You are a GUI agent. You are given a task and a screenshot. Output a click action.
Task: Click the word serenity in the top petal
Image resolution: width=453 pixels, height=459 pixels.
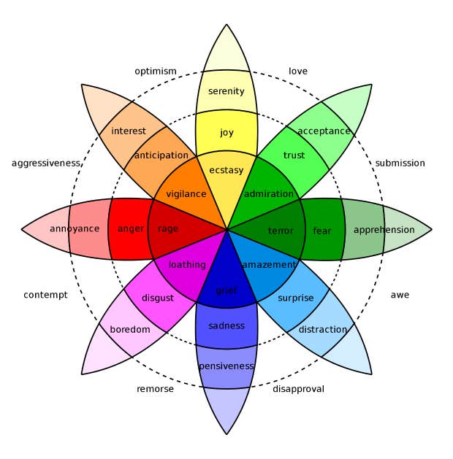point(226,91)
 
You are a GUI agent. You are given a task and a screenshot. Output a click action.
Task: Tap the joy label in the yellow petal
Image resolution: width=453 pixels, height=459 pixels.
point(226,133)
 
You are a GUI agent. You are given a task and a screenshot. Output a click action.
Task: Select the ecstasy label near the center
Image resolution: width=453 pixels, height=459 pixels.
point(226,170)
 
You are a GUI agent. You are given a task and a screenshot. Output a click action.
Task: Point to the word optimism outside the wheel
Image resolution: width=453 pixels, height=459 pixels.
point(156,71)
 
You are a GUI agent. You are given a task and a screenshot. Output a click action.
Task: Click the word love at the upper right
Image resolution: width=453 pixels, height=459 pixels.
point(298,71)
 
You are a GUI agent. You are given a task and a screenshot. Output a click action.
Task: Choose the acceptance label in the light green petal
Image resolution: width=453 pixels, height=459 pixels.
point(324,131)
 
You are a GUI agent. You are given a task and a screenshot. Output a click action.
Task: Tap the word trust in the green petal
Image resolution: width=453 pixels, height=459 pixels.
point(294,155)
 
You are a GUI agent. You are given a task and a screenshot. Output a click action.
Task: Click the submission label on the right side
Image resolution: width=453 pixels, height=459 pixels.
point(400,163)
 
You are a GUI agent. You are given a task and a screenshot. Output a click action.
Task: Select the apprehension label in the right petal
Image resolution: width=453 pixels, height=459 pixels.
point(384,230)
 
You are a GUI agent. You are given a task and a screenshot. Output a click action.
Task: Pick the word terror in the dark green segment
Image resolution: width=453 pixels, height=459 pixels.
point(281,231)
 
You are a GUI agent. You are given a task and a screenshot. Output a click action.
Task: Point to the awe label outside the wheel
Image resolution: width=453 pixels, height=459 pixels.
point(400,295)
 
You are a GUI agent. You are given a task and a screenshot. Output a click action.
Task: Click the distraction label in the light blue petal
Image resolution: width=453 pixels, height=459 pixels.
point(322,329)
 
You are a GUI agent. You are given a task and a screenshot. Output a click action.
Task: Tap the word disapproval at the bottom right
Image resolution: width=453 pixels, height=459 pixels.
point(298,389)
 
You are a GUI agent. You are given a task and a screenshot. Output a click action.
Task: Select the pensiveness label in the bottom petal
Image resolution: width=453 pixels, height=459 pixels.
point(226,366)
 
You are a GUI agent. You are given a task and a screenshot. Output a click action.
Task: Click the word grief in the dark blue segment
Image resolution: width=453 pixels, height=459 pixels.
point(226,290)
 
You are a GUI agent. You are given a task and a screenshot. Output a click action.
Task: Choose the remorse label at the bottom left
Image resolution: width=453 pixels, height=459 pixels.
point(155,389)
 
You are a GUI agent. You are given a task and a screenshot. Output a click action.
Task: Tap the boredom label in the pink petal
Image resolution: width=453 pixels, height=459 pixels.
point(130,329)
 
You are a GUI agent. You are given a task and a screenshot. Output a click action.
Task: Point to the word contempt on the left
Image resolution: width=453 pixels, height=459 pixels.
point(45,295)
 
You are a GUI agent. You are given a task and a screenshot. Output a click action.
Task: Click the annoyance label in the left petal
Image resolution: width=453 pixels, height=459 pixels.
point(75,229)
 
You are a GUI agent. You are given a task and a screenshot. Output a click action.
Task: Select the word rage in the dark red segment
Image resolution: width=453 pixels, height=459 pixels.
point(168,229)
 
